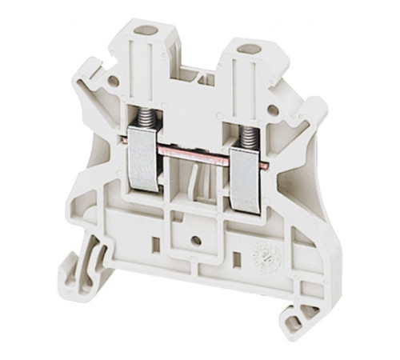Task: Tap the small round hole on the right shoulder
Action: (x=274, y=110)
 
